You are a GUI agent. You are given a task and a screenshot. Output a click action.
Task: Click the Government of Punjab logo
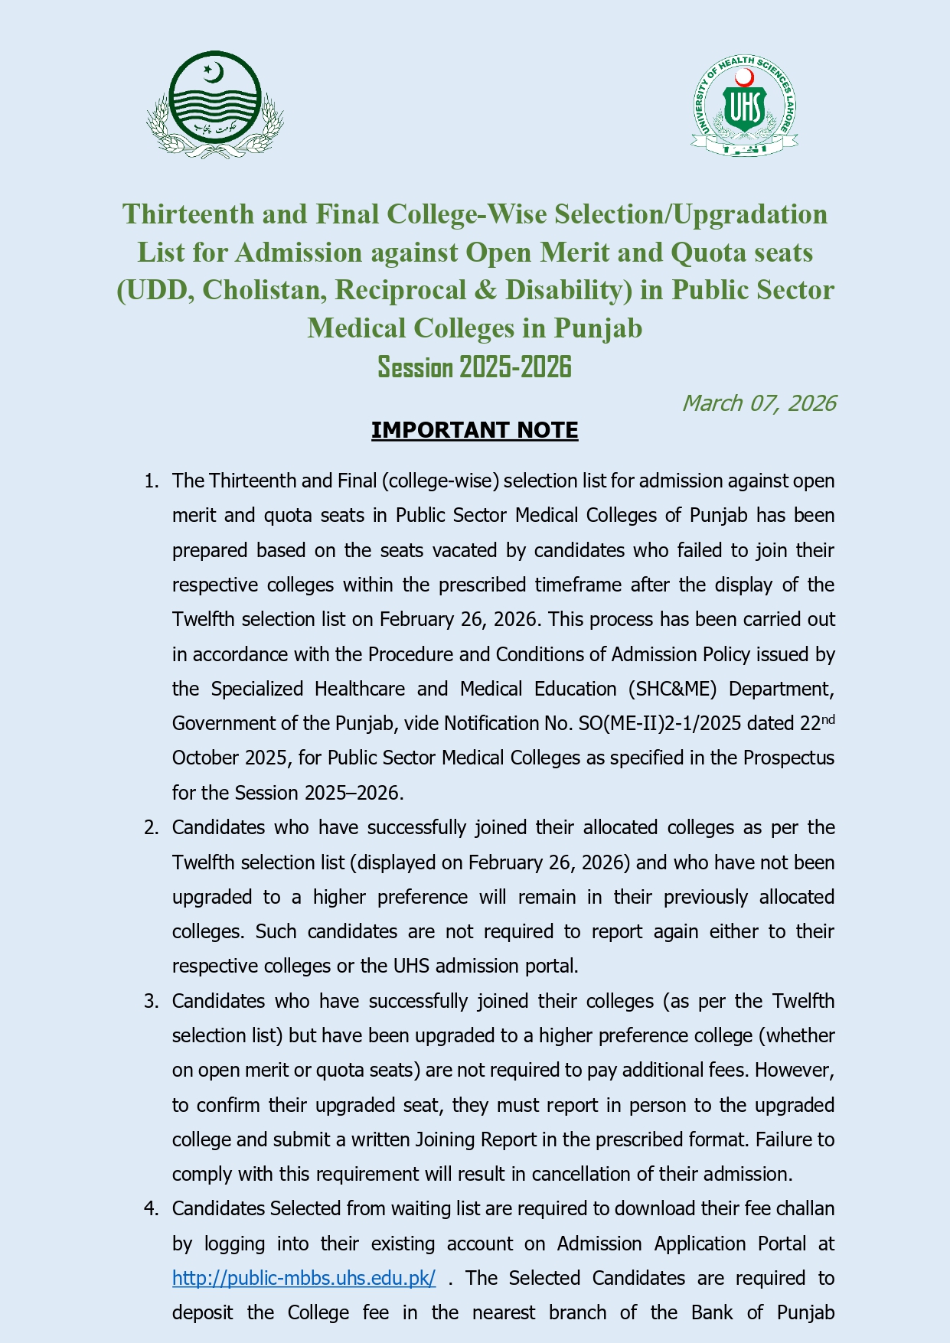pyautogui.click(x=215, y=105)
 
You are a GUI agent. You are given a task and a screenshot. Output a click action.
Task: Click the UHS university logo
pyautogui.click(x=744, y=106)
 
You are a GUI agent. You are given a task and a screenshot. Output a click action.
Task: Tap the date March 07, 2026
pyautogui.click(x=758, y=403)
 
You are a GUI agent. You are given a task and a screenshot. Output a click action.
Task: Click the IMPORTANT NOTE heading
pyautogui.click(x=475, y=430)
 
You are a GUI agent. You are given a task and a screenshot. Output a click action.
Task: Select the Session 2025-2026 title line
pyautogui.click(x=475, y=367)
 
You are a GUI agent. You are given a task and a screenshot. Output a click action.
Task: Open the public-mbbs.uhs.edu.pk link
pyautogui.click(x=304, y=1278)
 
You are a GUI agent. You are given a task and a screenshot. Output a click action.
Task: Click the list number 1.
pyautogui.click(x=152, y=481)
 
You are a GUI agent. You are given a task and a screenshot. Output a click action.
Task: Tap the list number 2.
pyautogui.click(x=152, y=827)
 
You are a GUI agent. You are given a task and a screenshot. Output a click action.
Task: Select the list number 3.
pyautogui.click(x=152, y=1001)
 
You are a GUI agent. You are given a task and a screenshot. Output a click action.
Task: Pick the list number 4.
pyautogui.click(x=152, y=1208)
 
